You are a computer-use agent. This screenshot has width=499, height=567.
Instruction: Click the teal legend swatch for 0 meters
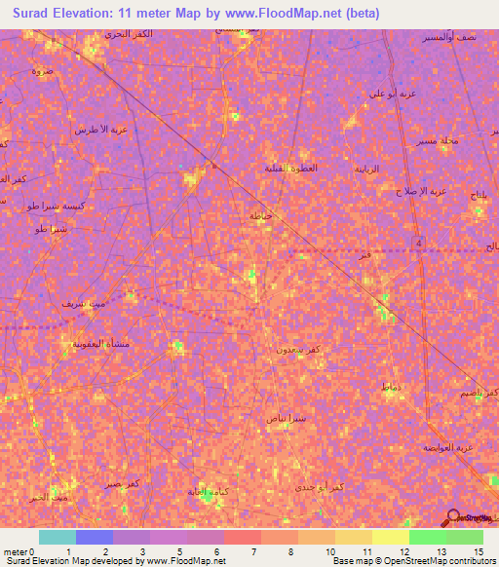coord(58,537)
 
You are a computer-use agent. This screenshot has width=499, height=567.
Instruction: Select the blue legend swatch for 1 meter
coord(95,537)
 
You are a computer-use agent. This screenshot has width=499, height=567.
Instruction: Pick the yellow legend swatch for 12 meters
coord(390,537)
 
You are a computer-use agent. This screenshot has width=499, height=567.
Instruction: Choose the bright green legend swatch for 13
coord(427,537)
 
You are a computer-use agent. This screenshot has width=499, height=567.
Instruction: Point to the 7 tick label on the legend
coord(253,552)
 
